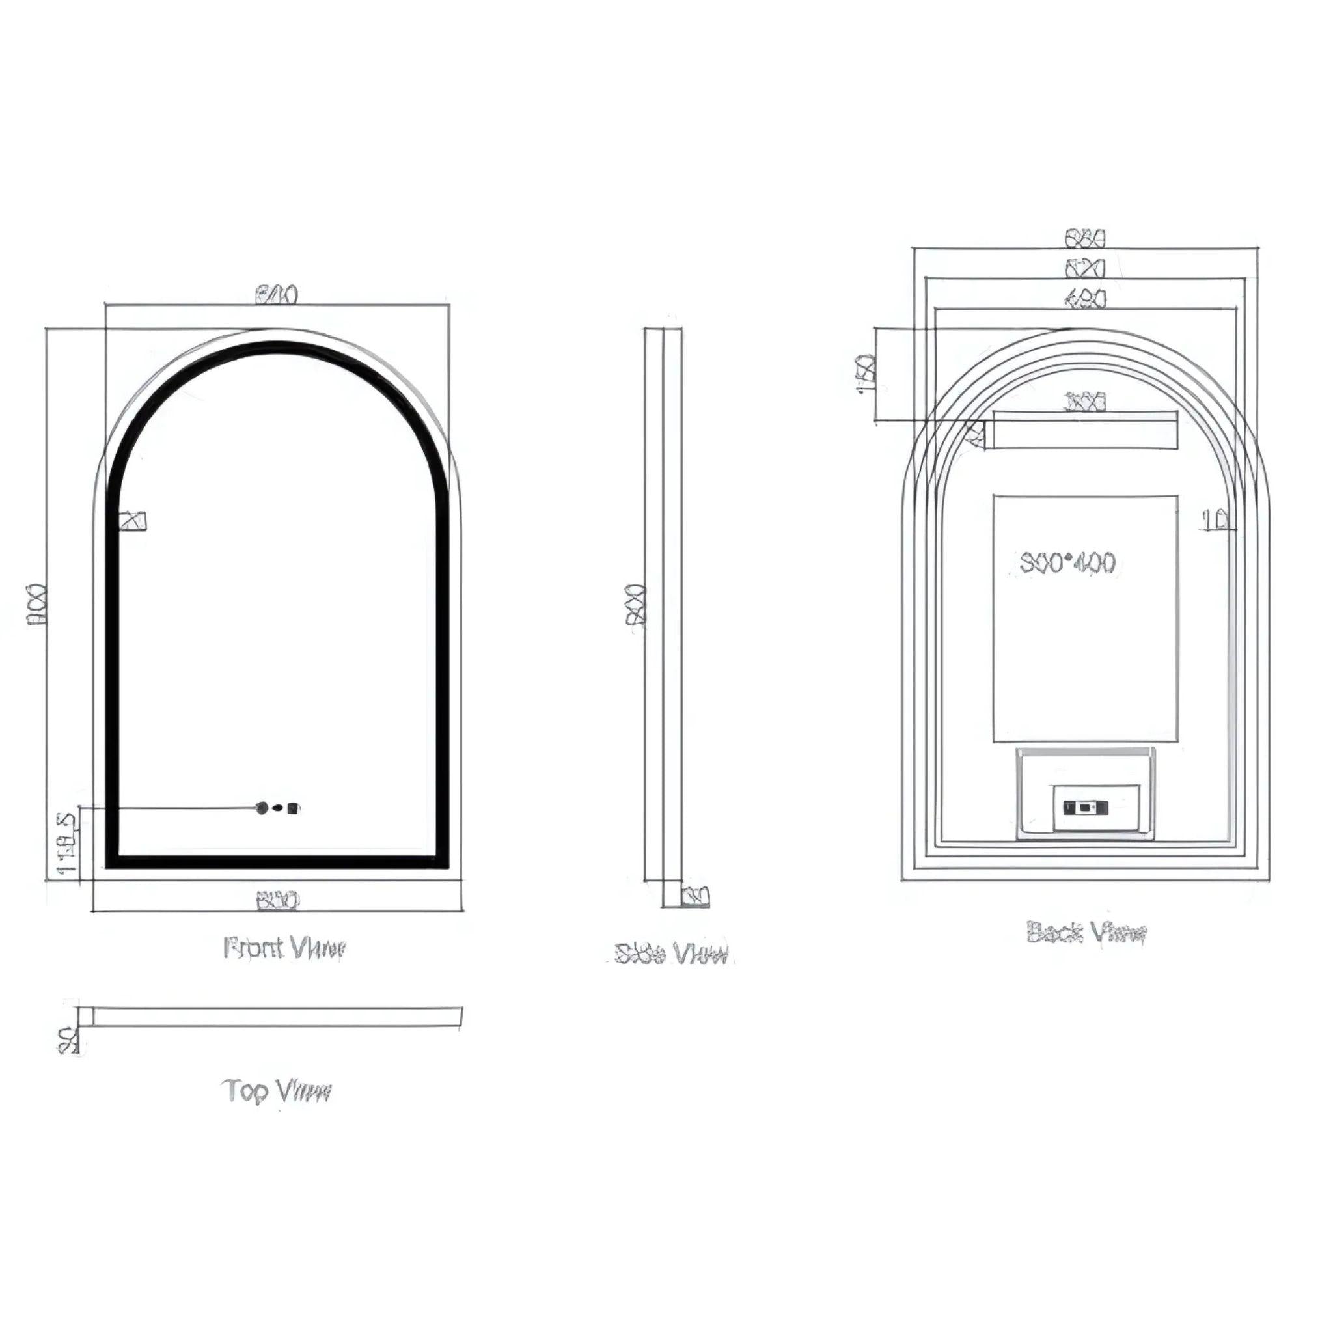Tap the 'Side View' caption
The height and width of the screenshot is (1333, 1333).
[671, 954]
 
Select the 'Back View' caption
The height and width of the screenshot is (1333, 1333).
[1086, 933]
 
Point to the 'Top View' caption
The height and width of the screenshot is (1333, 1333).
[277, 1091]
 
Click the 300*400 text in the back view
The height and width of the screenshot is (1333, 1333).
[1067, 563]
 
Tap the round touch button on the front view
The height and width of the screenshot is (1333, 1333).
[262, 807]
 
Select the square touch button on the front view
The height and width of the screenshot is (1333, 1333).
[294, 807]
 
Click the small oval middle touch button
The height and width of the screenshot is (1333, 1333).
[277, 807]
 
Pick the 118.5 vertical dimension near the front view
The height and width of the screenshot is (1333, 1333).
[66, 842]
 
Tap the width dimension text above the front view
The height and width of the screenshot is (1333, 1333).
[277, 295]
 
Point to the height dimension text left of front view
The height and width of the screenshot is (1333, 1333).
[36, 605]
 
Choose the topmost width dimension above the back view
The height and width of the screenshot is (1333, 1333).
[1086, 239]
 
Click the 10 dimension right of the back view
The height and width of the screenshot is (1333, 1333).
[1218, 520]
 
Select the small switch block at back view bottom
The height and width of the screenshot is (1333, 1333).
[1085, 806]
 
